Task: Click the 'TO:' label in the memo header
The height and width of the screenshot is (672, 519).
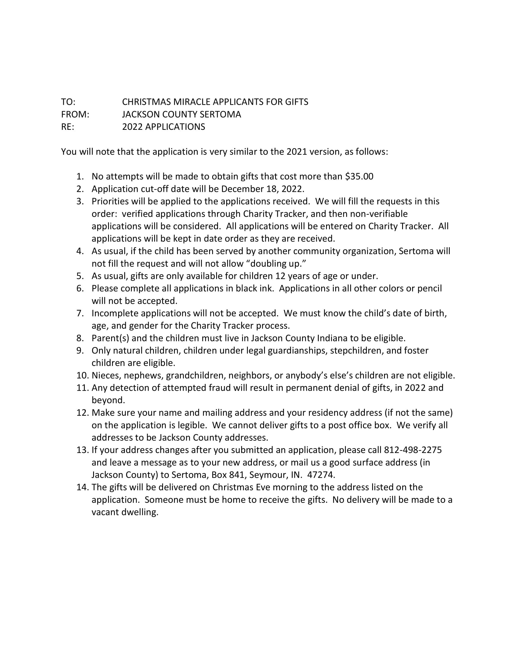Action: [x=68, y=102]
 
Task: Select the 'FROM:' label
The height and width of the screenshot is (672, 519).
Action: [x=75, y=115]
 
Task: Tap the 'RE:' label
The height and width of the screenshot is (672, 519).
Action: [x=68, y=127]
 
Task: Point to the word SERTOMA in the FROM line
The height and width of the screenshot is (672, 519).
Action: [x=220, y=115]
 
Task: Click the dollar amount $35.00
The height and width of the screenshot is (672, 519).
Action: [x=359, y=177]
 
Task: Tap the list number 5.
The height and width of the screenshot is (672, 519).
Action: [x=80, y=276]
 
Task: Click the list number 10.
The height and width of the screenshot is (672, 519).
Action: [x=82, y=376]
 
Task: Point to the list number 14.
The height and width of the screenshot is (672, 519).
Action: [x=82, y=488]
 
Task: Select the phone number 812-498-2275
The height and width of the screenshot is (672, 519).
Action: [x=413, y=450]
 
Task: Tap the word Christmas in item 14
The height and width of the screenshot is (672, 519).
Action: [x=232, y=488]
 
